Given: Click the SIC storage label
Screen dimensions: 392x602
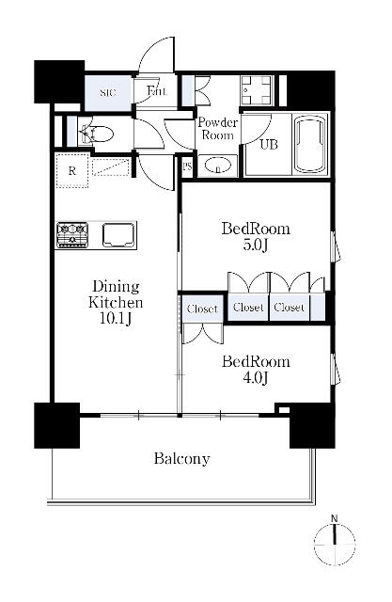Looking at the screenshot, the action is pyautogui.click(x=108, y=93).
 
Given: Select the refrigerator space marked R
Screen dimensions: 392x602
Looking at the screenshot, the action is pyautogui.click(x=72, y=170).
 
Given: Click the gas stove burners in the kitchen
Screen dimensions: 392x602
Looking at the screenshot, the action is pyautogui.click(x=72, y=235).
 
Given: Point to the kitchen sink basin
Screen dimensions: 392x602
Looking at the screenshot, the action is pyautogui.click(x=118, y=235).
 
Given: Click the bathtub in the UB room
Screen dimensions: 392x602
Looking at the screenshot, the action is pyautogui.click(x=310, y=144).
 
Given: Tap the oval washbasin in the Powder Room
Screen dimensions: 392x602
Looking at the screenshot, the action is pyautogui.click(x=217, y=166).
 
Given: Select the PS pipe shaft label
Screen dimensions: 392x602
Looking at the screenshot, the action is pyautogui.click(x=187, y=167).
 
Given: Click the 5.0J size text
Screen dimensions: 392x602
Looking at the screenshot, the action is pyautogui.click(x=255, y=245).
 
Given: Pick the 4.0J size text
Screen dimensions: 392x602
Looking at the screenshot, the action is pyautogui.click(x=256, y=378).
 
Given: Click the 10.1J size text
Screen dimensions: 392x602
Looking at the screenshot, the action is pyautogui.click(x=115, y=318).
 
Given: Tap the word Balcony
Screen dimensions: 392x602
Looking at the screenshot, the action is pyautogui.click(x=181, y=458).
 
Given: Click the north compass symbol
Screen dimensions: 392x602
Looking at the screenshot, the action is pyautogui.click(x=335, y=543).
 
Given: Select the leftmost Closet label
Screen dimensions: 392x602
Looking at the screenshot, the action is pyautogui.click(x=202, y=309).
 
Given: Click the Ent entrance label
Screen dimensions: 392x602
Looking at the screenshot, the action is pyautogui.click(x=156, y=91).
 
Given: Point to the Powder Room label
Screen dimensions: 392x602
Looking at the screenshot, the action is pyautogui.click(x=217, y=129).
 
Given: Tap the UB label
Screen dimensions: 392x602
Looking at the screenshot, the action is pyautogui.click(x=269, y=144).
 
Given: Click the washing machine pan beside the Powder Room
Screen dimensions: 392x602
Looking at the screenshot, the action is pyautogui.click(x=256, y=89).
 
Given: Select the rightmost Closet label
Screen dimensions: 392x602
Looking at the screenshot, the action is pyautogui.click(x=290, y=308).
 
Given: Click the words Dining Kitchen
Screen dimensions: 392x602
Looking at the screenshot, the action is pyautogui.click(x=116, y=294).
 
